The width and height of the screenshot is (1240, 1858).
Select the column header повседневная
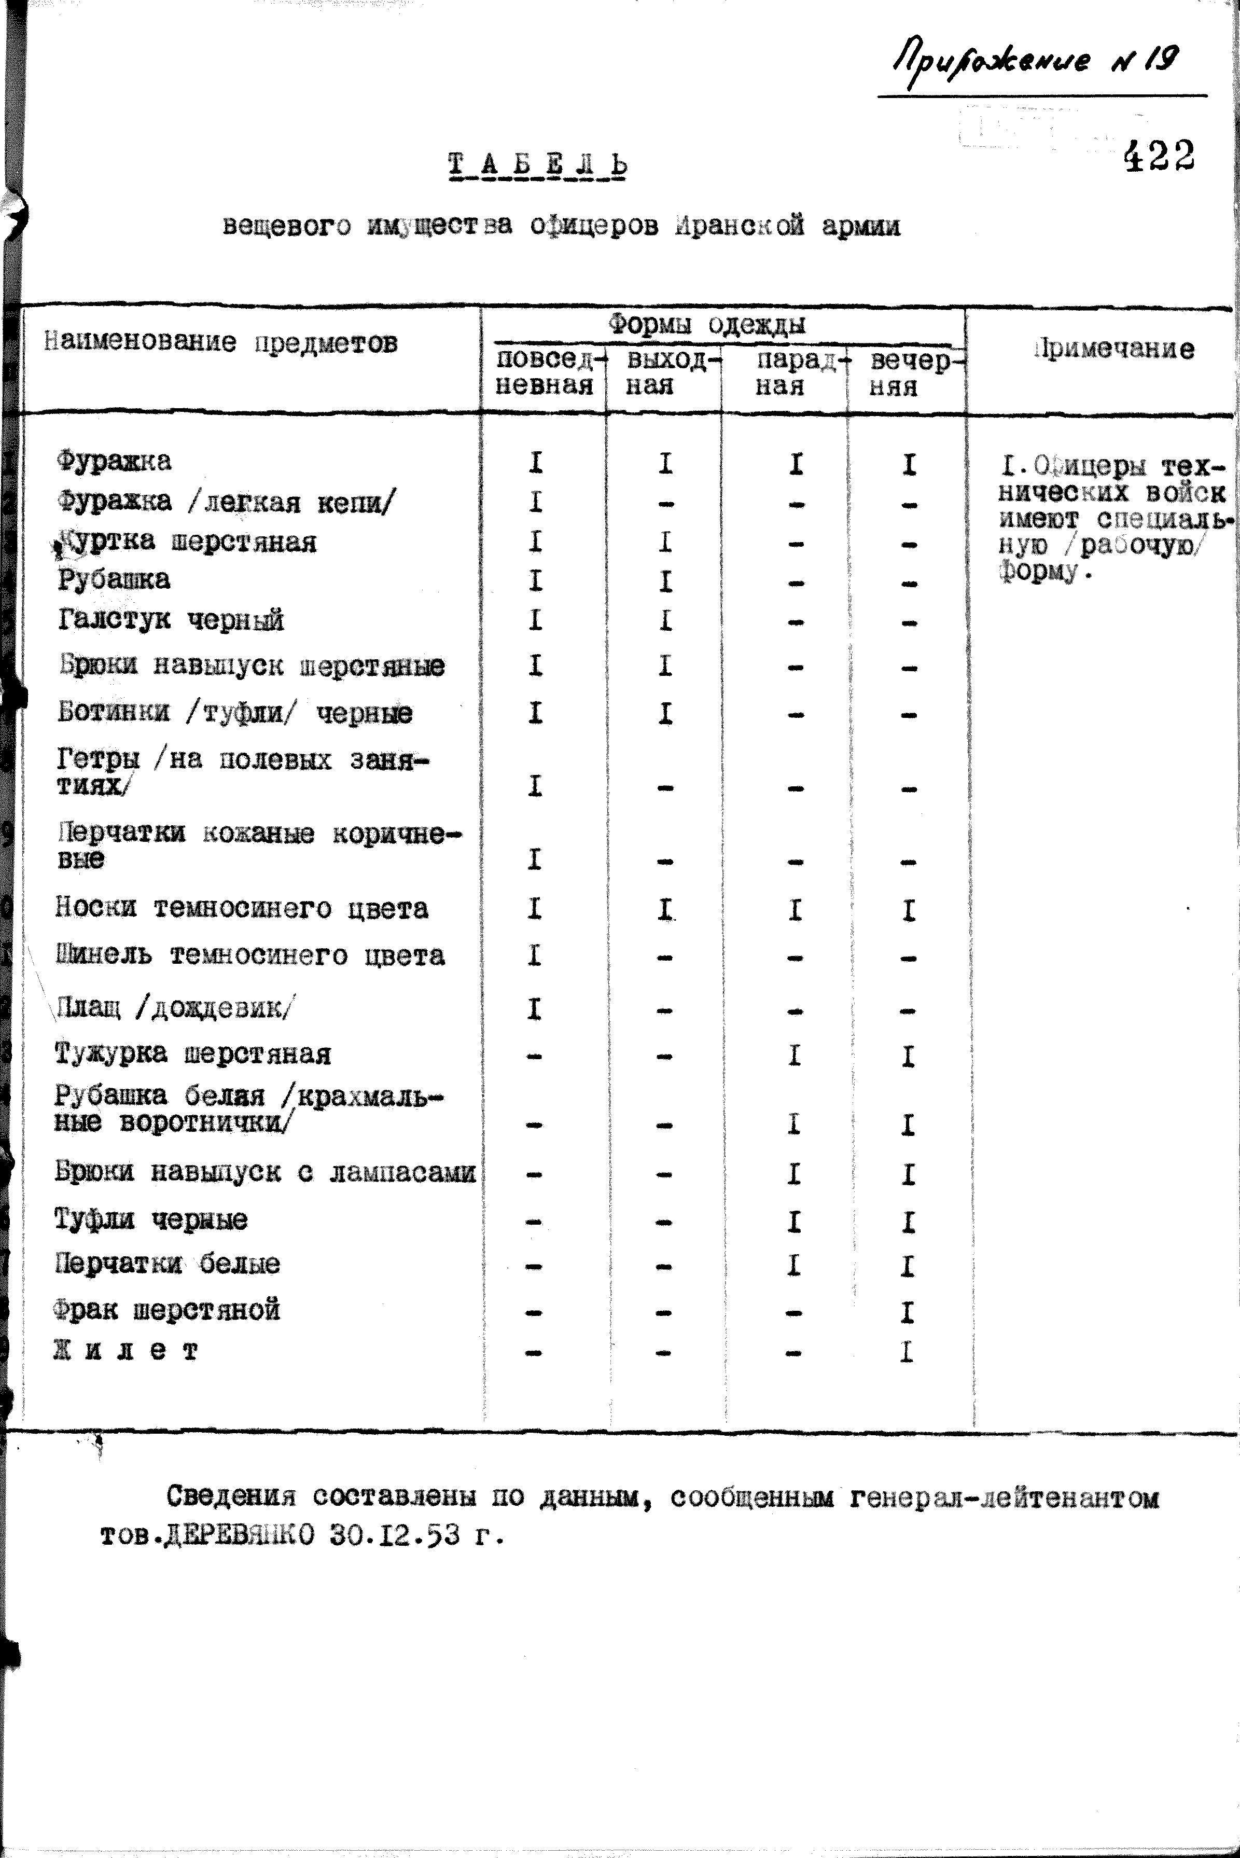(x=544, y=372)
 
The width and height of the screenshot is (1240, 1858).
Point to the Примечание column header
(x=1114, y=349)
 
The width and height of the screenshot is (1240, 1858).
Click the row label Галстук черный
(x=171, y=619)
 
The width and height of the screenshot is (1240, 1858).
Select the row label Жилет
(x=127, y=1350)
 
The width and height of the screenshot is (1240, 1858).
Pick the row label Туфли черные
(x=151, y=1219)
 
